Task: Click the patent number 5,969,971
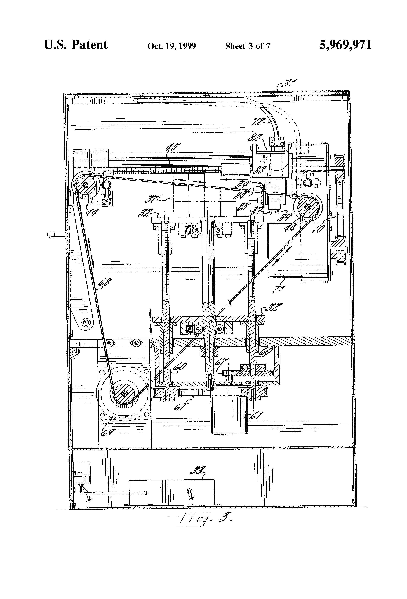(x=345, y=45)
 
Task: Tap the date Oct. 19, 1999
(x=172, y=46)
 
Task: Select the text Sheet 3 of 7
(x=248, y=46)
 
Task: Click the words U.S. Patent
(x=76, y=45)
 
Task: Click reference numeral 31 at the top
(x=289, y=84)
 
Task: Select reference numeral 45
(x=173, y=149)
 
